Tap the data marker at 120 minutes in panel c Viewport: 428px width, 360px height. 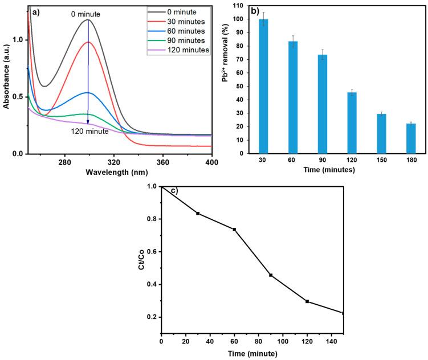(x=307, y=301)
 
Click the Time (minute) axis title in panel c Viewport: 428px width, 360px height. (x=252, y=353)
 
